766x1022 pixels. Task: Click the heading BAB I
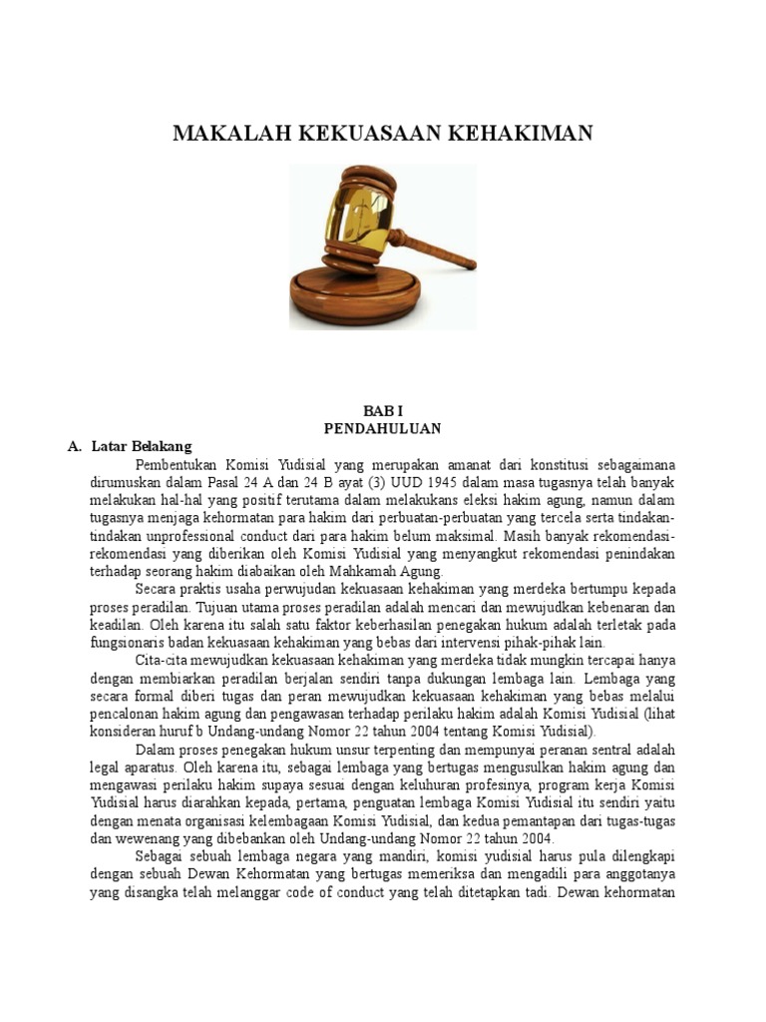point(383,410)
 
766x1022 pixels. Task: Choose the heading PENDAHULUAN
point(383,428)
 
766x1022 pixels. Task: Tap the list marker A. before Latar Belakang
point(74,446)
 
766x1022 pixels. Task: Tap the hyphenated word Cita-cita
point(164,662)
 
